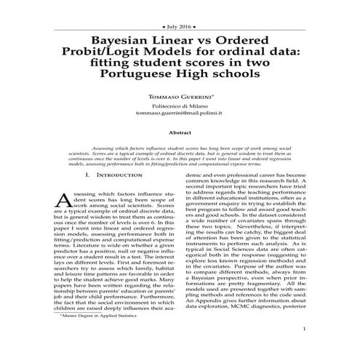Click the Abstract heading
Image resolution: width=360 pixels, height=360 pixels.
tap(180, 133)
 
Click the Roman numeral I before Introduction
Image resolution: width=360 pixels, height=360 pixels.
tap(88, 175)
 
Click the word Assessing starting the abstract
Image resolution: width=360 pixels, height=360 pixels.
tap(103, 148)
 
